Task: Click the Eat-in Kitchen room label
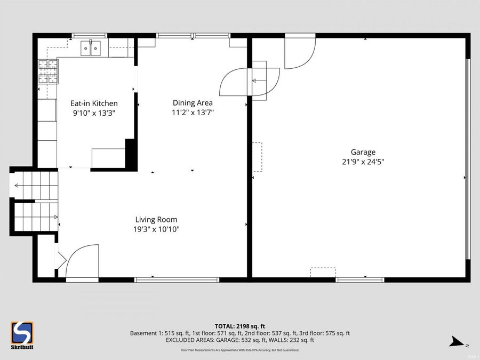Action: tap(94, 103)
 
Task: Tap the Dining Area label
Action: tap(193, 103)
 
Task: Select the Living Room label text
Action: tap(156, 220)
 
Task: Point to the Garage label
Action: tap(363, 152)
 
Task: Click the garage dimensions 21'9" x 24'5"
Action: tap(363, 162)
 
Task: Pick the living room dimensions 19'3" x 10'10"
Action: tap(156, 229)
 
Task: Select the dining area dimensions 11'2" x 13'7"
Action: tap(193, 113)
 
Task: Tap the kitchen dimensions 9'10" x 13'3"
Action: tap(94, 113)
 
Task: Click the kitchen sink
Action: tap(91, 49)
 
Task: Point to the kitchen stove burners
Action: tap(47, 71)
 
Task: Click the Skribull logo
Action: tap(22, 335)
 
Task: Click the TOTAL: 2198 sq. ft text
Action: tap(239, 326)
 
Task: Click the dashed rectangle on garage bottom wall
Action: tap(323, 272)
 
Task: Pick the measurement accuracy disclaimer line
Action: tap(239, 350)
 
